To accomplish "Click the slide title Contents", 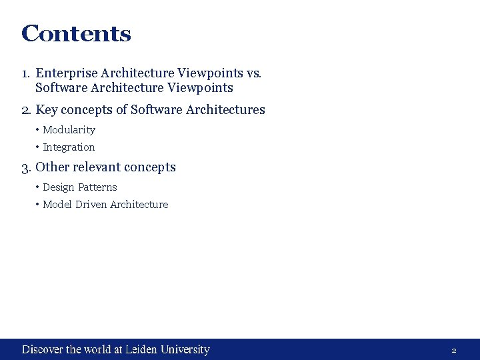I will tap(76, 33).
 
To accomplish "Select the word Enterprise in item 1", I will tap(63, 73).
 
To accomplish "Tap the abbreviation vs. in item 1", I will tap(255, 73).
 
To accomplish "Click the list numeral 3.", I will tap(26, 167).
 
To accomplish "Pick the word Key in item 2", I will tap(46, 110).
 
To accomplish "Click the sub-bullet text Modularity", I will tap(69, 130).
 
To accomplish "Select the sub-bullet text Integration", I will tap(69, 147).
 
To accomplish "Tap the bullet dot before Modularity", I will tap(38, 130).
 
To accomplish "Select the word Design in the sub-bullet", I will tap(58, 187).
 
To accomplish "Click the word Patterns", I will tap(97, 187).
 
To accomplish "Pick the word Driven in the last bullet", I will tap(91, 205).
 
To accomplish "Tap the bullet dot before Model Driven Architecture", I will tap(38, 205).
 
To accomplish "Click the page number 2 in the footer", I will tap(454, 350).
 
